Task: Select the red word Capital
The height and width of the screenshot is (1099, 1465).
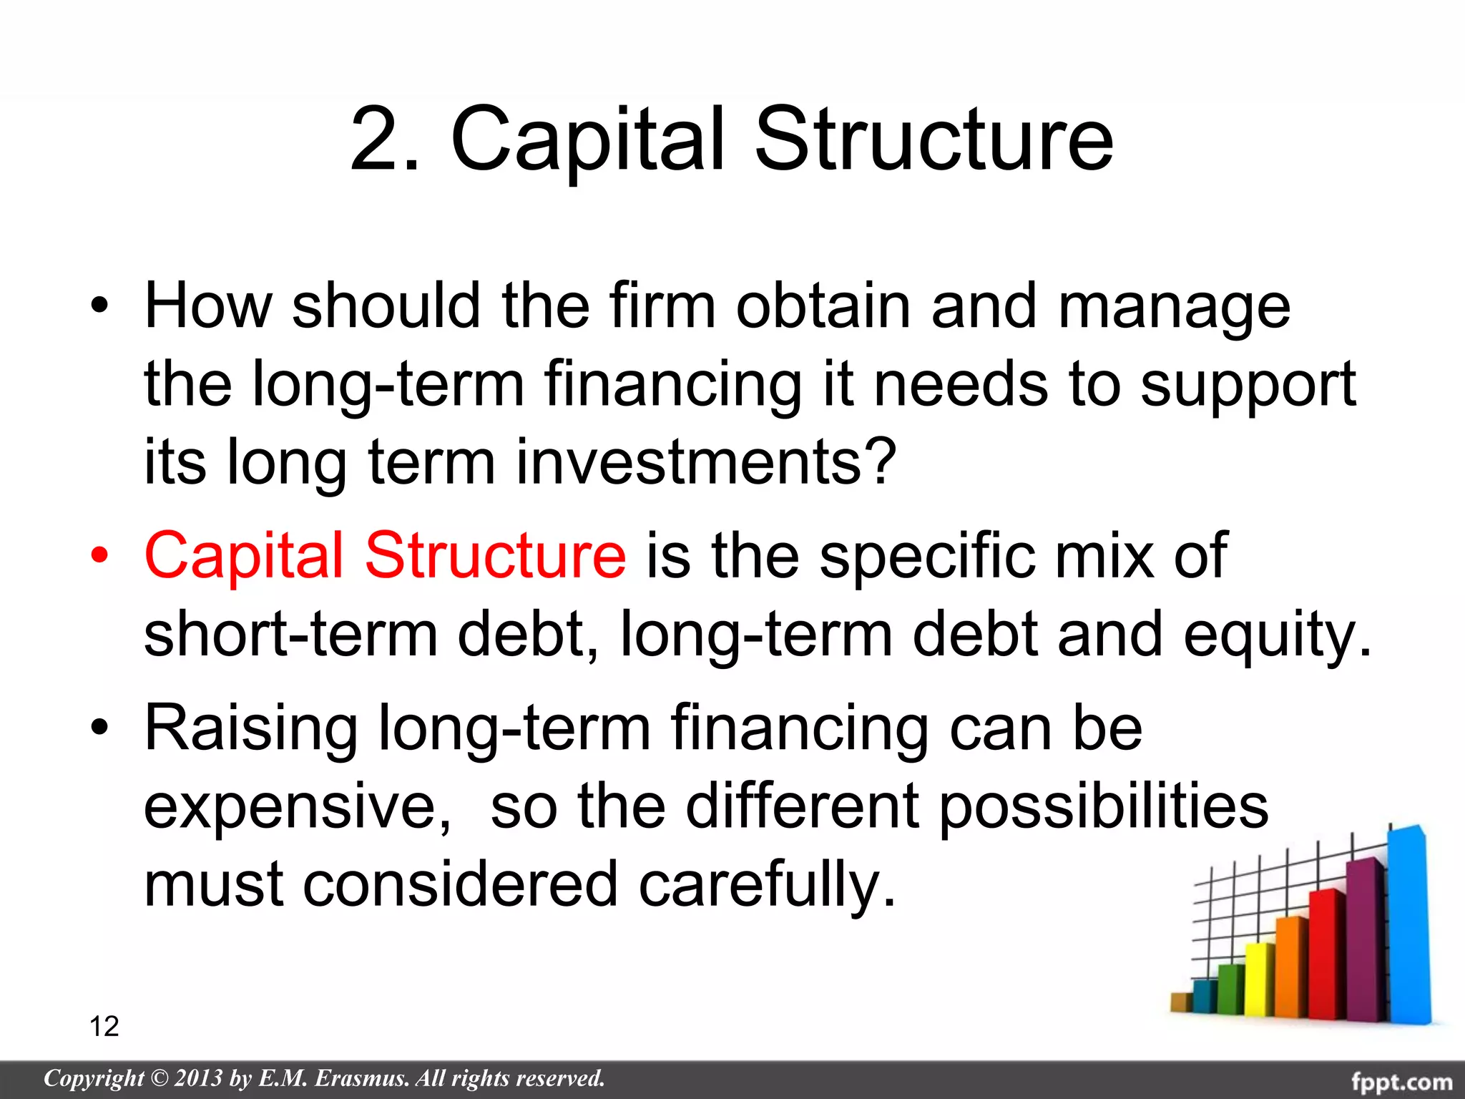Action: tap(244, 556)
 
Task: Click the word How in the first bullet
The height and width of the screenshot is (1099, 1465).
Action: tap(207, 306)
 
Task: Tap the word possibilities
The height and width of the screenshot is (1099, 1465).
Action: tap(1102, 807)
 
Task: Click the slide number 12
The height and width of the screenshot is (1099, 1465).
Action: tap(104, 1026)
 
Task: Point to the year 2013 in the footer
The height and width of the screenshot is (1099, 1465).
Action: tap(198, 1078)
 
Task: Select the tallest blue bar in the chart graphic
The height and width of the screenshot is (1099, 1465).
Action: tap(1408, 923)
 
